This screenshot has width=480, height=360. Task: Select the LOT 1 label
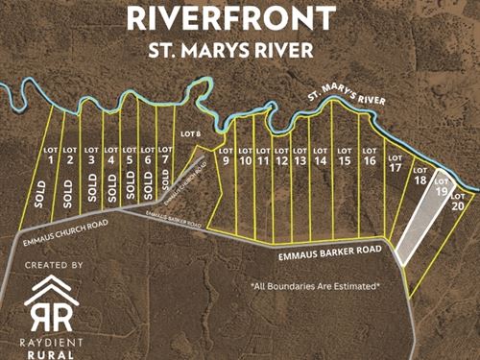click(49, 156)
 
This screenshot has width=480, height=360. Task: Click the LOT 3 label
click(91, 156)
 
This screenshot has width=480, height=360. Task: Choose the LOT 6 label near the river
click(190, 133)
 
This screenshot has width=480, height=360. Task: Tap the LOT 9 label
click(227, 156)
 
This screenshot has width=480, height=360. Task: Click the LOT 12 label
click(281, 156)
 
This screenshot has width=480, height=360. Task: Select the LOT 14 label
click(321, 156)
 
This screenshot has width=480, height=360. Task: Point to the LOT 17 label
click(396, 163)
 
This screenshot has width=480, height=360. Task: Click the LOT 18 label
click(420, 176)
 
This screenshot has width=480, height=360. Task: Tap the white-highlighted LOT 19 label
click(442, 186)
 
